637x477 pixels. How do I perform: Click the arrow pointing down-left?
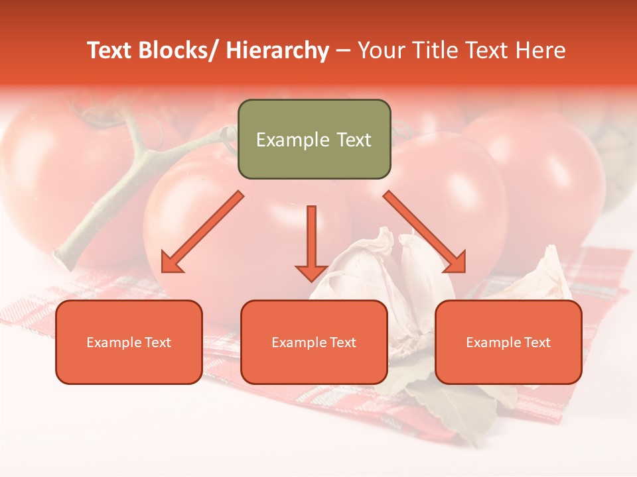tap(202, 232)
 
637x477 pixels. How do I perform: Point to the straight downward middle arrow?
tap(311, 242)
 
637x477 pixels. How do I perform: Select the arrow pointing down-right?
tap(425, 232)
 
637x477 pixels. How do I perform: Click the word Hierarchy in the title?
tap(277, 50)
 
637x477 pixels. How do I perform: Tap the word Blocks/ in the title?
tap(178, 50)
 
